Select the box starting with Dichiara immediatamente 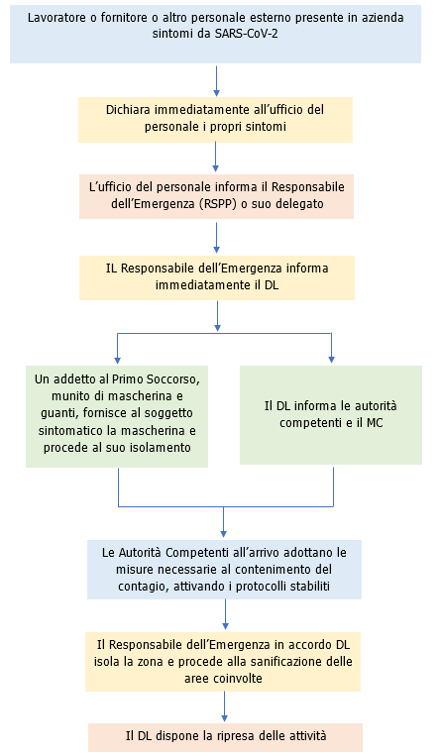[215, 117]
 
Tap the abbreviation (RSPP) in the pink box [227, 204]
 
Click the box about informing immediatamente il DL [216, 277]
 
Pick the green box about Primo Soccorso [116, 415]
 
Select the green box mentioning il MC [331, 414]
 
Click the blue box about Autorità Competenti [224, 569]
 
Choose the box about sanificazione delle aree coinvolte [224, 661]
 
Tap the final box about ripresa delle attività [225, 736]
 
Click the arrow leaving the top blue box [216, 79]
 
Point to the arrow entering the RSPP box [216, 158]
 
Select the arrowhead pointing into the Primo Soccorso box [117, 361]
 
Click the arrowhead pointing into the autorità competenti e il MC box [331, 361]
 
